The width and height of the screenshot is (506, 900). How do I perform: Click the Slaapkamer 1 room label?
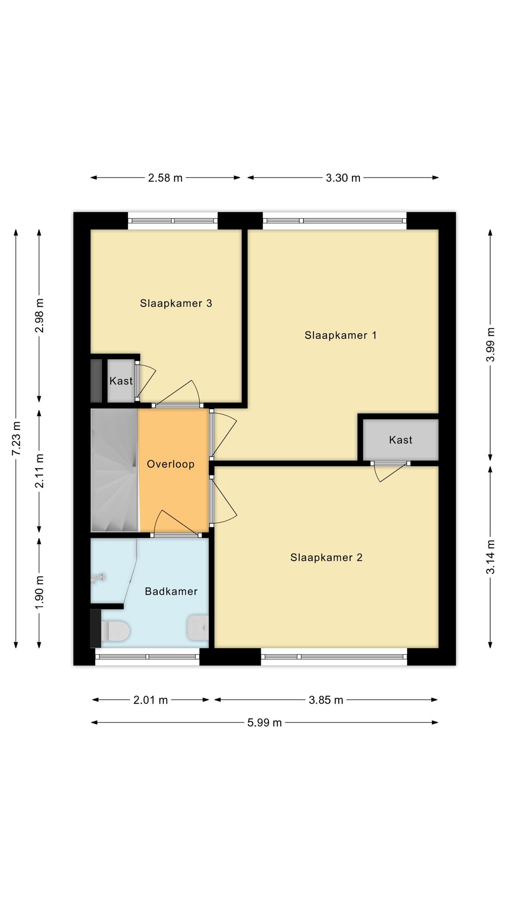click(x=340, y=335)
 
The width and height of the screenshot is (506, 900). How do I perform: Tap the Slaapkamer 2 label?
click(x=326, y=558)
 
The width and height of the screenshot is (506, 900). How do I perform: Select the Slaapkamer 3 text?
click(x=176, y=303)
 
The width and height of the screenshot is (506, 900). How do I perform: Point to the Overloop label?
click(x=170, y=464)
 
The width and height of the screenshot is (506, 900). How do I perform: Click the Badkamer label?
click(x=171, y=592)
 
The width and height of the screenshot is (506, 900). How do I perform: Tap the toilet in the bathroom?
click(x=115, y=631)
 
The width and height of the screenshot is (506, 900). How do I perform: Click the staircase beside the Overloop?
click(x=115, y=471)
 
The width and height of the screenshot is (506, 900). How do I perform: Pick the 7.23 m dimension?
click(x=16, y=439)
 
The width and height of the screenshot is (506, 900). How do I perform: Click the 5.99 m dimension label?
click(x=264, y=722)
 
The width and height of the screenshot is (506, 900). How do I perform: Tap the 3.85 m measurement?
click(x=326, y=700)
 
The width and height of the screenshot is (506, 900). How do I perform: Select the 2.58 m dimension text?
click(x=165, y=178)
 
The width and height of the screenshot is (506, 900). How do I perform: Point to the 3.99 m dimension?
click(x=491, y=345)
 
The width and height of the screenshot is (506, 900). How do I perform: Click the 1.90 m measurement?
click(x=40, y=592)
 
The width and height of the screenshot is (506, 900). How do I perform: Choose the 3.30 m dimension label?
click(x=343, y=178)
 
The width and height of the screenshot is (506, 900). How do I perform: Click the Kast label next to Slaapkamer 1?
click(x=401, y=440)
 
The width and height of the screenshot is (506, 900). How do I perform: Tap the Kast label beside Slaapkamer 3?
click(x=121, y=381)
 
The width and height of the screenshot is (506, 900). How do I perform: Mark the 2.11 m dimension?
click(x=40, y=471)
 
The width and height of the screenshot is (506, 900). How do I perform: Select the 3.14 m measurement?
click(x=491, y=557)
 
